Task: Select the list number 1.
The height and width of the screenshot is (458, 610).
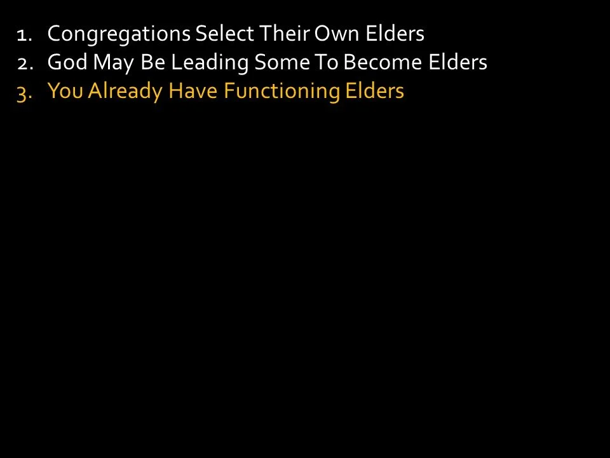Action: pos(24,34)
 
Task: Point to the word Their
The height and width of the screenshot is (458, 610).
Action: pos(283,33)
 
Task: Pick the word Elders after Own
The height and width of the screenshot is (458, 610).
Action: pos(395,33)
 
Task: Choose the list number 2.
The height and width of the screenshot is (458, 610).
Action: pos(24,63)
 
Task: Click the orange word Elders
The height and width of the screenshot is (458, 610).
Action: pos(374,92)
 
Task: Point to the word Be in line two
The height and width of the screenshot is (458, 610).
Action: pos(149,62)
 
